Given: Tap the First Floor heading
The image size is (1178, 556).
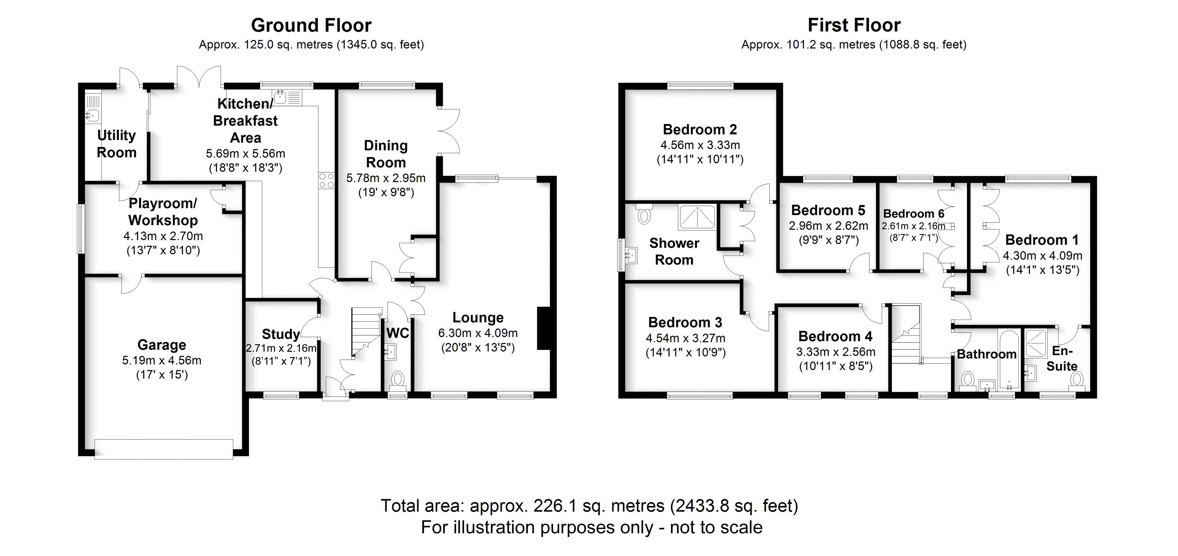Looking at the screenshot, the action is click(x=854, y=25).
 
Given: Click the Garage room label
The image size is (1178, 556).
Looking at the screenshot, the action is click(x=162, y=345).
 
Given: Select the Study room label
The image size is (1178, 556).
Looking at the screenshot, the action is click(x=281, y=334).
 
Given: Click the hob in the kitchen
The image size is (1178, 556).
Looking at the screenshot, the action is click(x=327, y=180).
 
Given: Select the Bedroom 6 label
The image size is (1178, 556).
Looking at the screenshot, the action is click(x=914, y=214).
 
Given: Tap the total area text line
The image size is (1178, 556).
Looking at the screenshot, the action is click(x=590, y=506).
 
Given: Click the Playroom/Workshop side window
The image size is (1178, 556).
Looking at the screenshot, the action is click(x=80, y=229).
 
